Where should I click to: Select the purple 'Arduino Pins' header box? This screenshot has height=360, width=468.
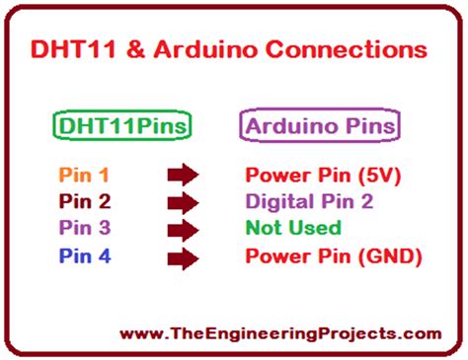pos(321,126)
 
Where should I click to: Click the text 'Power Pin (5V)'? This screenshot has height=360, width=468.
pos(321,177)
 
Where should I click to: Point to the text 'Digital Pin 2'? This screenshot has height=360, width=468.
pos(312,203)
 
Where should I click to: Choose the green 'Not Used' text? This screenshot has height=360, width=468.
pos(293,229)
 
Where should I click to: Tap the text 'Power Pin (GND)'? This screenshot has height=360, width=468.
pos(333,256)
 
